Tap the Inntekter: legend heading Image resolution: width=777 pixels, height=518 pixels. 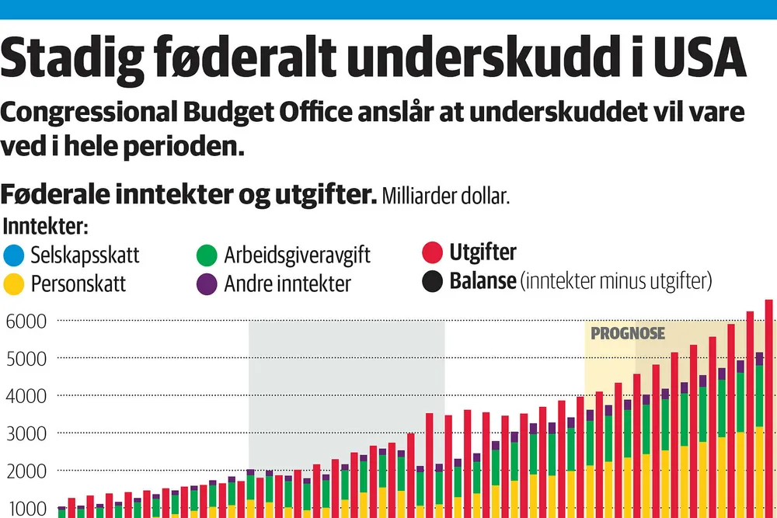click(46, 228)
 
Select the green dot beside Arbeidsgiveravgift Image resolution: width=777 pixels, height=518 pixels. click(207, 255)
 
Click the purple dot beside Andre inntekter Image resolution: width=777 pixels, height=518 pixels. click(207, 283)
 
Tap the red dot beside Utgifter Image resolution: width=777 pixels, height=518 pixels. click(433, 253)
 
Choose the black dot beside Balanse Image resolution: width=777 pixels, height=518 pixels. click(433, 280)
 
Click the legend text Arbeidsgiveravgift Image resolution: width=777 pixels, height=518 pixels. click(298, 255)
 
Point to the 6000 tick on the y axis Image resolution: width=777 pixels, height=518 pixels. click(26, 321)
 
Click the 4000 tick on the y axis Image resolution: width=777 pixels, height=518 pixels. click(26, 396)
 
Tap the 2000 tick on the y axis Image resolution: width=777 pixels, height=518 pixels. click(26, 471)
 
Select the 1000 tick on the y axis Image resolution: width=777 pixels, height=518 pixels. click(26, 509)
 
